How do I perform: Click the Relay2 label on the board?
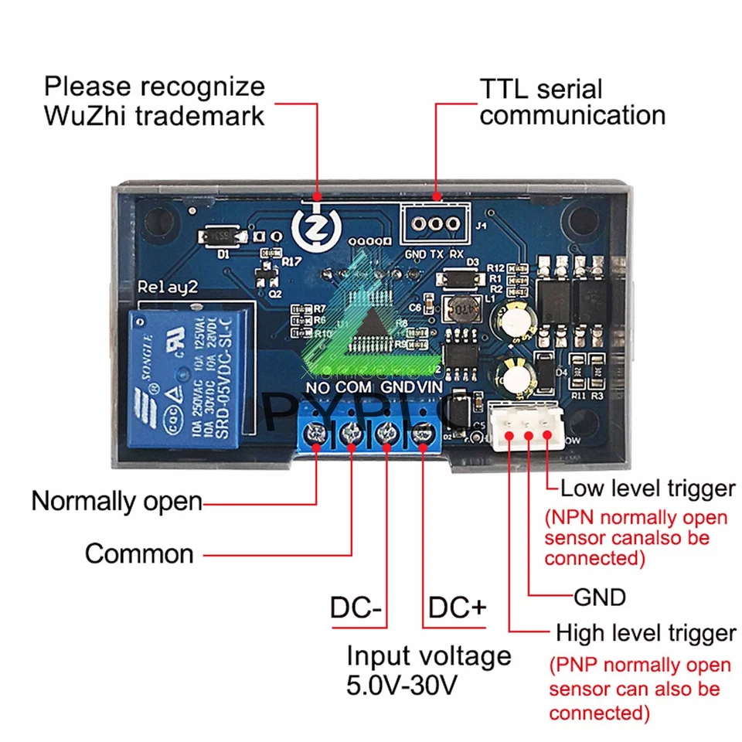pos(168,288)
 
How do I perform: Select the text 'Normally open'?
pos(116,502)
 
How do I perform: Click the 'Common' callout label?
pos(139,553)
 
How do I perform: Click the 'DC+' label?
pos(457,608)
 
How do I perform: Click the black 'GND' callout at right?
pos(599,597)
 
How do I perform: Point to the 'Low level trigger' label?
pos(647,488)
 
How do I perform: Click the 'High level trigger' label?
pos(645,634)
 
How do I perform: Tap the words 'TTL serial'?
pos(541,89)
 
